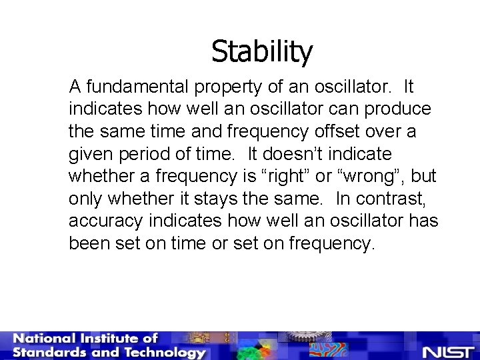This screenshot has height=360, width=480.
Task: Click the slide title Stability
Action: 261,51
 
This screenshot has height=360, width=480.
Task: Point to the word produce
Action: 398,109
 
